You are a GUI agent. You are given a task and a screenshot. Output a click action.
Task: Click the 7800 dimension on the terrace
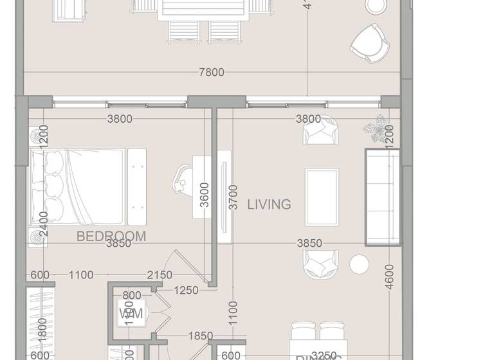coord(212,73)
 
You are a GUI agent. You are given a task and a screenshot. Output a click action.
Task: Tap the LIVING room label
coord(269,204)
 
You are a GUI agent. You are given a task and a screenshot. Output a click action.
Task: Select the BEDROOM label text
coord(111,236)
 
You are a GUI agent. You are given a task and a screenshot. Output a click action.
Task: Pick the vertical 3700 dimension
coord(233,197)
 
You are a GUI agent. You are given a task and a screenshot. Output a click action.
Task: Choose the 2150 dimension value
coord(159,275)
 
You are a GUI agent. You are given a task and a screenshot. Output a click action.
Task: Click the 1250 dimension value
coord(187,291)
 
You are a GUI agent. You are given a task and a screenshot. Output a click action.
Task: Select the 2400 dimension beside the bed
coord(43,224)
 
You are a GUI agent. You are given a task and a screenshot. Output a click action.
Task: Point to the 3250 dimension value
coord(324,355)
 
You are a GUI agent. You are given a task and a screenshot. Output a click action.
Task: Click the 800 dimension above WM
coord(131,296)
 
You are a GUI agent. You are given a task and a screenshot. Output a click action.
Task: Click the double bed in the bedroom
coord(77,187)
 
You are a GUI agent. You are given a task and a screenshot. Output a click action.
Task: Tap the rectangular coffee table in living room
coord(322,197)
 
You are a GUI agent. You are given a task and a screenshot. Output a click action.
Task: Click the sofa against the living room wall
coord(383,197)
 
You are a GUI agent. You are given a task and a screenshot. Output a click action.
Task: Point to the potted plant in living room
coord(376,128)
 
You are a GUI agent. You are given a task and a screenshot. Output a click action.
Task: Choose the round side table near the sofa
coord(359,264)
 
